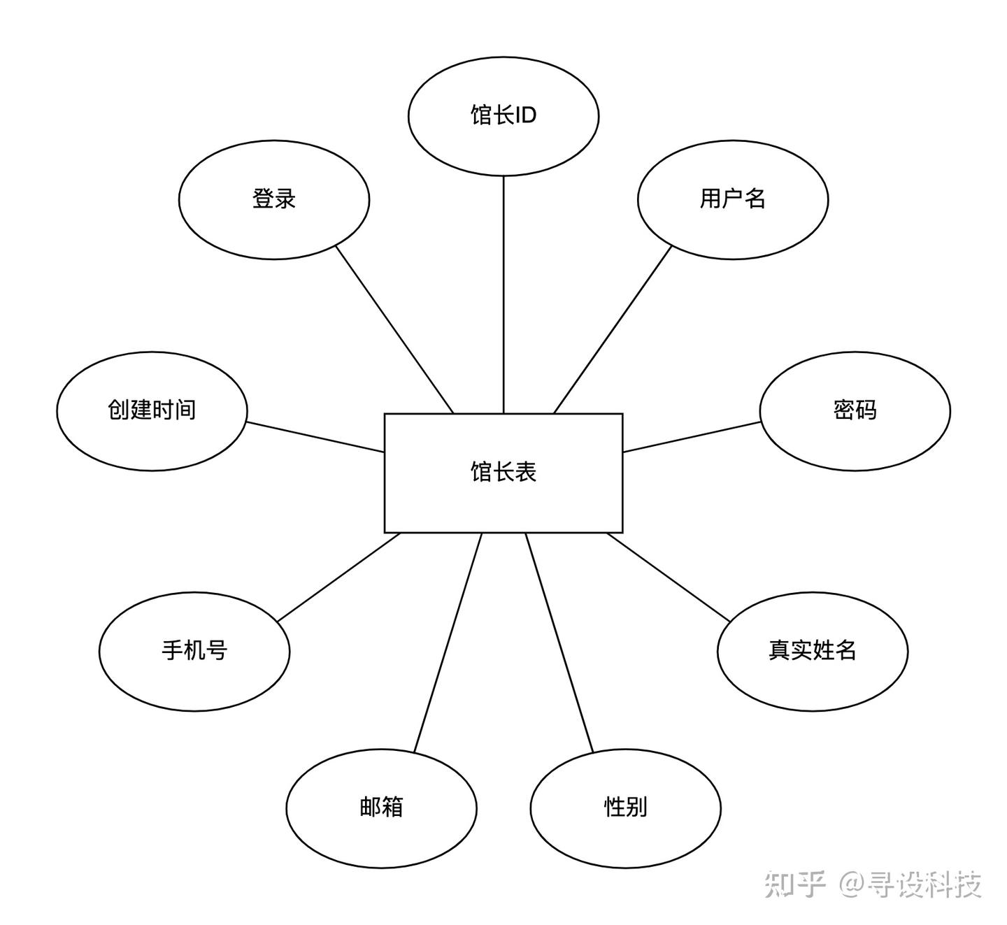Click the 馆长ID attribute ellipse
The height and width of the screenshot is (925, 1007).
503,115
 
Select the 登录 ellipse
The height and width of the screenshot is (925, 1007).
274,199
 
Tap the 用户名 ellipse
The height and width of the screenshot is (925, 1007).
733,199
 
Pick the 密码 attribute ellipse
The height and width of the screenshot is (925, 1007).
855,410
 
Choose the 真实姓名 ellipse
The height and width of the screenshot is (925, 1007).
813,651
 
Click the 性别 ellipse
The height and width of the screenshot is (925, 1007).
626,808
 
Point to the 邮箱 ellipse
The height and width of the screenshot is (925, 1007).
381,808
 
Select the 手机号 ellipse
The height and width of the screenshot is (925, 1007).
194,651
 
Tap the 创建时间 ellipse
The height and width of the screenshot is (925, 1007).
152,410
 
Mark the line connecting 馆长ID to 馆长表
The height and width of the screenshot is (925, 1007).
503,294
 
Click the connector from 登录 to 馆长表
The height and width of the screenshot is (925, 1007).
395,329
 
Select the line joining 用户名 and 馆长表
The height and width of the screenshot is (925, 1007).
613,329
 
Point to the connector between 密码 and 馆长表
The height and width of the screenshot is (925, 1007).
692,437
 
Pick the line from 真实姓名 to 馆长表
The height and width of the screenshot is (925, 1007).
669,577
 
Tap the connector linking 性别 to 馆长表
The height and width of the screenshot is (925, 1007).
559,643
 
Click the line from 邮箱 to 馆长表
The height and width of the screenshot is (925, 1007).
448,643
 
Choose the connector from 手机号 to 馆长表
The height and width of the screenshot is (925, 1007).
338,577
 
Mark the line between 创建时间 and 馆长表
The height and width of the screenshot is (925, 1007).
315,437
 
